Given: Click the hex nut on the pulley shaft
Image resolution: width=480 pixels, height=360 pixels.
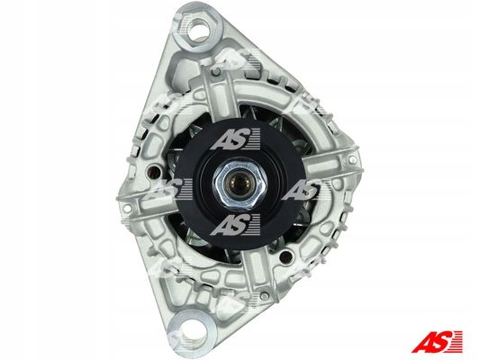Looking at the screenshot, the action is click(240, 184).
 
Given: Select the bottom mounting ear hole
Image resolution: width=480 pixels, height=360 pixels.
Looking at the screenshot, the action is click(194, 328).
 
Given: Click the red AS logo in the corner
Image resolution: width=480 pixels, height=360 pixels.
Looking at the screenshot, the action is click(437, 341).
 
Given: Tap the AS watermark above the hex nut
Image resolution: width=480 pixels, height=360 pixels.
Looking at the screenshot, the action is click(235, 139).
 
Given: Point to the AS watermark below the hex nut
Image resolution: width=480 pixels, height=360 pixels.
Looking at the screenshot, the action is click(235, 224).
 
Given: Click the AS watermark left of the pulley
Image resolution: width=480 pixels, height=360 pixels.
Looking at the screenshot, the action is click(168, 189).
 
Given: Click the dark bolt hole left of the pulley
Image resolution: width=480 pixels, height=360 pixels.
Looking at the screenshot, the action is click(154, 173).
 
